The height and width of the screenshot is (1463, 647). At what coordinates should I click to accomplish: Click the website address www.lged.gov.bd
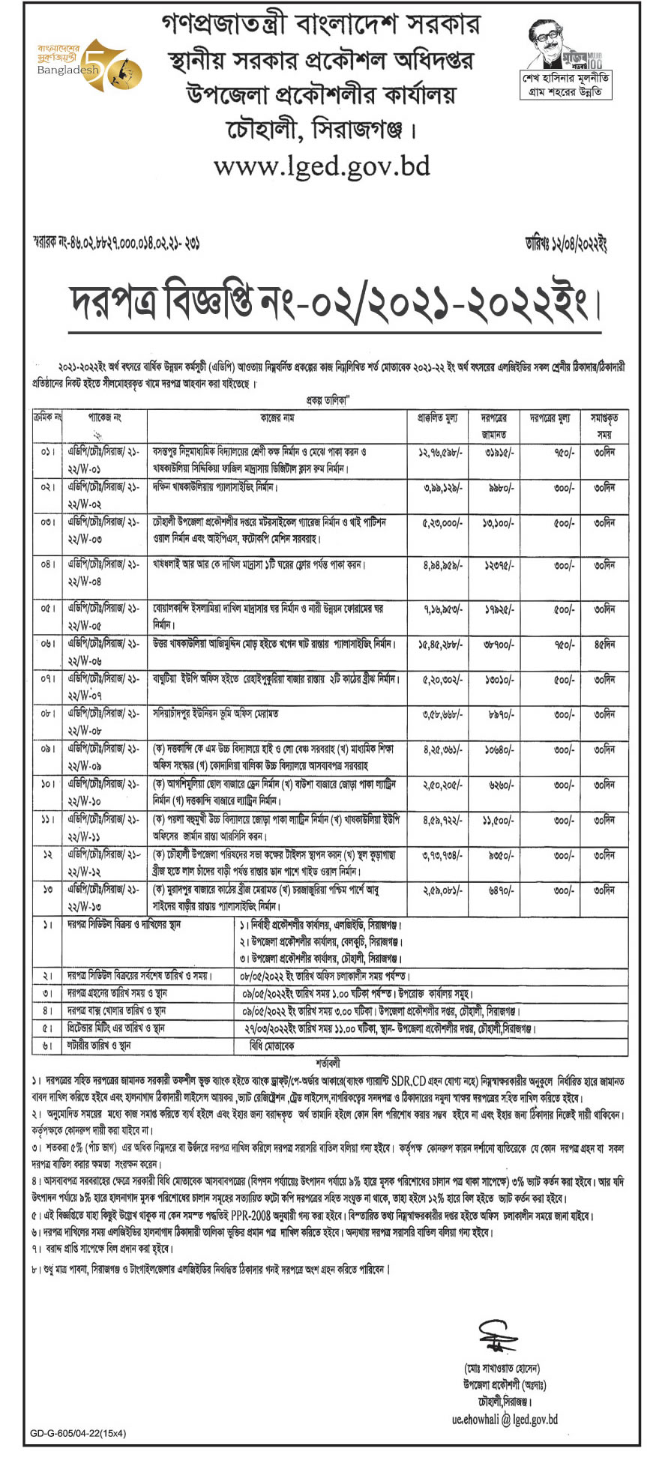[x=322, y=165]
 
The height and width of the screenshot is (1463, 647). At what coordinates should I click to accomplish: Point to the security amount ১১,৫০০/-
[x=497, y=820]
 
